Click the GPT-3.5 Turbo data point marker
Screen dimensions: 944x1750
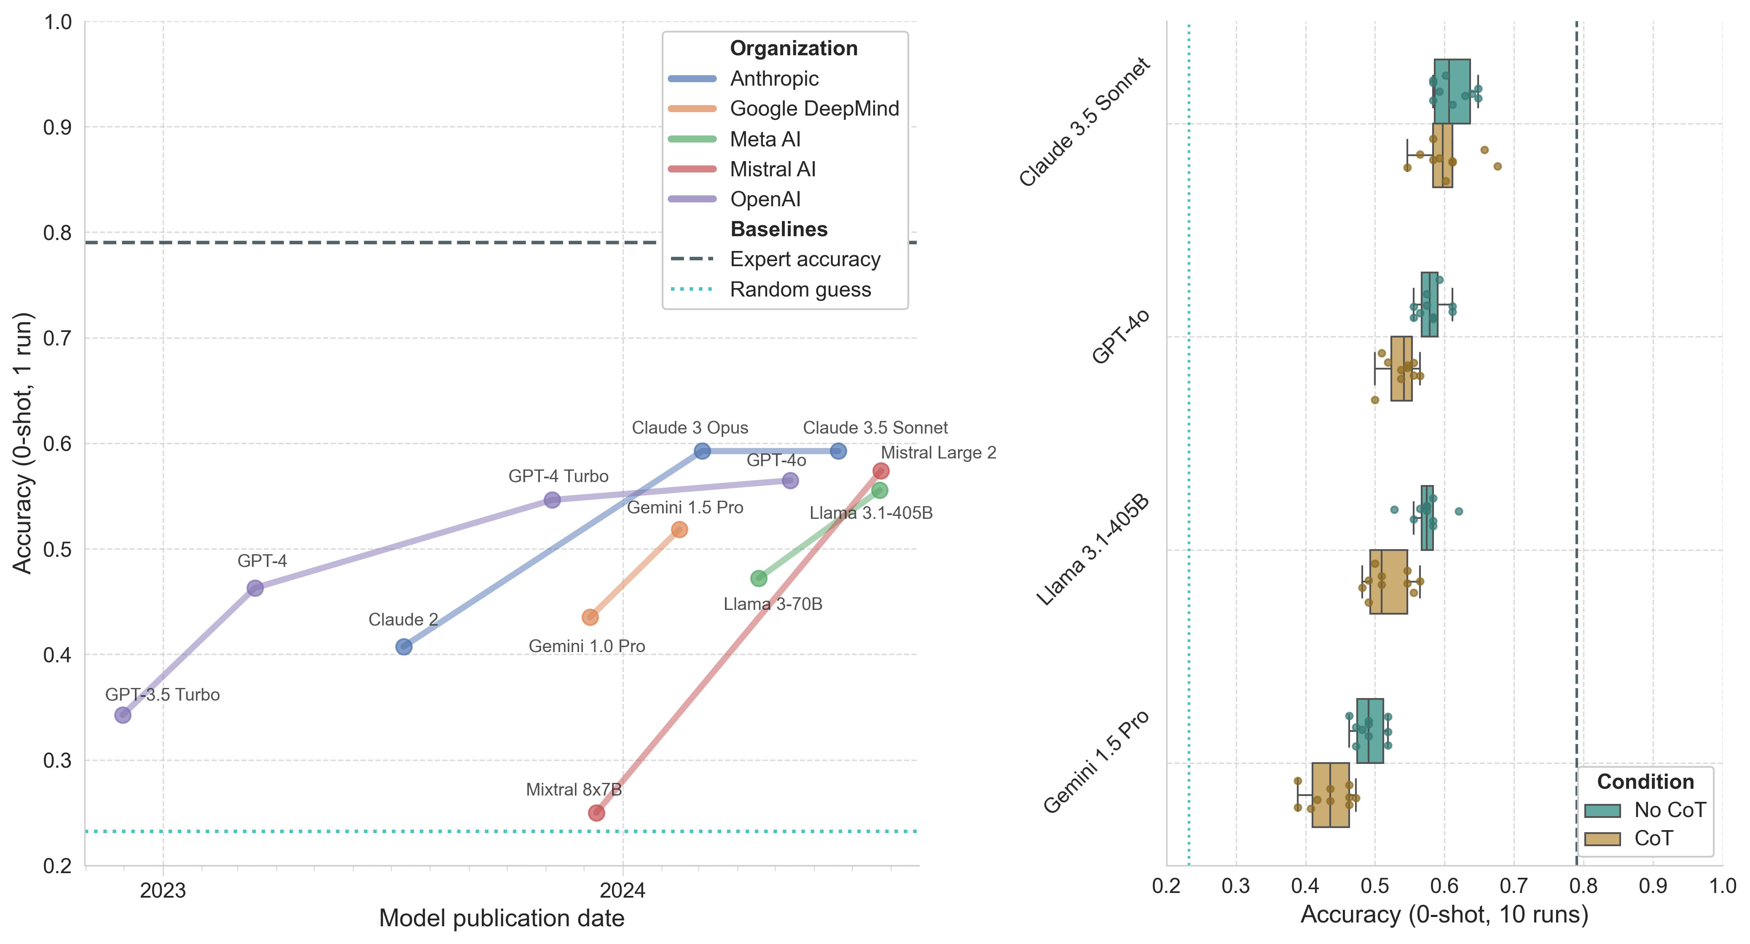[x=123, y=714]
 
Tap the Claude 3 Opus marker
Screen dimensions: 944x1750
[x=703, y=450]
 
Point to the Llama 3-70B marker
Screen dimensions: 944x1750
[x=759, y=578]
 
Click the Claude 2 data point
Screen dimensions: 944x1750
[x=403, y=646]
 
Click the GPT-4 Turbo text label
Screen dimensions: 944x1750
[x=558, y=476]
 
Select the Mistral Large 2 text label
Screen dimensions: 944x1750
[x=938, y=453]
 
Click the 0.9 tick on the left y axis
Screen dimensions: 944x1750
[x=58, y=127]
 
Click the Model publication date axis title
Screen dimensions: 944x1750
[x=502, y=918]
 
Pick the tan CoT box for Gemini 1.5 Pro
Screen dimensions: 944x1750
[x=1330, y=795]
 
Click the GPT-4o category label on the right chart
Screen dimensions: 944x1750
[x=1121, y=337]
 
